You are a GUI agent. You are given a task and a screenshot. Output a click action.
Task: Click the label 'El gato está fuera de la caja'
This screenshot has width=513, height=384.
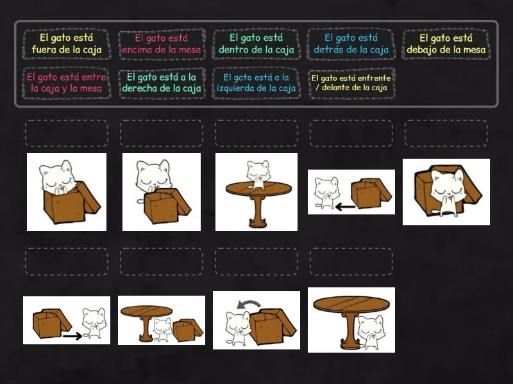click(67, 44)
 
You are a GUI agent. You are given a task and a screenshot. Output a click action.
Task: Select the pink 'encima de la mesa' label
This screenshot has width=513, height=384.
click(162, 44)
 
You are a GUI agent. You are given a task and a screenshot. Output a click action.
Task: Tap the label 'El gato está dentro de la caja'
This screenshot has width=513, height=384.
click(256, 44)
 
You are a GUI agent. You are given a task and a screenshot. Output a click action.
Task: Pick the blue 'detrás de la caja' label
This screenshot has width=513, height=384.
click(351, 44)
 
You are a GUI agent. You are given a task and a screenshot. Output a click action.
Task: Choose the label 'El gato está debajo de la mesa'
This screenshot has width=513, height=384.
click(446, 44)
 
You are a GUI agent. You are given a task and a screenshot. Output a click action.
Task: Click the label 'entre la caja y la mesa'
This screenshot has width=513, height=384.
click(67, 83)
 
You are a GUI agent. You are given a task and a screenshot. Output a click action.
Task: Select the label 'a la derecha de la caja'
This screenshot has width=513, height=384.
click(162, 83)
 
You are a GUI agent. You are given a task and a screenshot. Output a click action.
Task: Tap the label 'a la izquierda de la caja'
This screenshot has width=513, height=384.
click(256, 83)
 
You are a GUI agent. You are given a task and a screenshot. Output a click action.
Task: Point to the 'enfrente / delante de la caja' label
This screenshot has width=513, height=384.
click(351, 83)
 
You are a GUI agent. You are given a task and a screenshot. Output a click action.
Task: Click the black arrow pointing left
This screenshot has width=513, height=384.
click(345, 207)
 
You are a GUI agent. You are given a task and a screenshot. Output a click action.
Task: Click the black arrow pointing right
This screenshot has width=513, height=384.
click(72, 335)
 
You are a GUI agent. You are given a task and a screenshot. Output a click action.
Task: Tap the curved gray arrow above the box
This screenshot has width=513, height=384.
click(249, 305)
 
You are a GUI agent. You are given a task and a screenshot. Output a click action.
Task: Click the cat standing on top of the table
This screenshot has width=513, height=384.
click(258, 174)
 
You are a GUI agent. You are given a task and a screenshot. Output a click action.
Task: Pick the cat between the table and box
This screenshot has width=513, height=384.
click(163, 329)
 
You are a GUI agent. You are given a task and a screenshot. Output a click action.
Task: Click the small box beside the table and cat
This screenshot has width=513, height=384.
click(187, 330)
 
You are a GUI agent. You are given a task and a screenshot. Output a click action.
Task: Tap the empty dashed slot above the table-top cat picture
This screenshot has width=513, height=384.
click(256, 133)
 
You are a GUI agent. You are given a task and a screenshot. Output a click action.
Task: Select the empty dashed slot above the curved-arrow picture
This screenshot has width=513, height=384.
click(256, 261)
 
